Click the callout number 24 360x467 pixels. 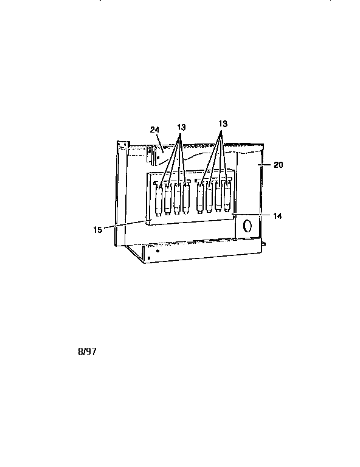tap(154, 130)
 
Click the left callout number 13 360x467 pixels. tap(181, 128)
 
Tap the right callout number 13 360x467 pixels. tap(223, 123)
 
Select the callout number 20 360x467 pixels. tap(278, 165)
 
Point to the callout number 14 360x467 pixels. tap(277, 216)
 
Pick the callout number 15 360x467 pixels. tap(98, 230)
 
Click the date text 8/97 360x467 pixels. tap(87, 351)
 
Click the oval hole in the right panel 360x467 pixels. tap(247, 226)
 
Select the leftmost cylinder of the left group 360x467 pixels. tap(159, 200)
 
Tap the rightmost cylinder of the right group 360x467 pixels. tap(227, 196)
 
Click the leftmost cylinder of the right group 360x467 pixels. tap(200, 198)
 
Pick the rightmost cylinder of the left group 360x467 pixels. tap(187, 199)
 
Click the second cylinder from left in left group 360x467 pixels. tap(168, 199)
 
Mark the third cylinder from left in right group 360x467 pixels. tap(218, 197)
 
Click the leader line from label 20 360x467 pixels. tap(265, 164)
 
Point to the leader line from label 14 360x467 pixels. tap(251, 215)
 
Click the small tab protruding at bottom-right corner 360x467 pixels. tap(264, 244)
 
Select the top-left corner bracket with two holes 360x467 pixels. tap(123, 145)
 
